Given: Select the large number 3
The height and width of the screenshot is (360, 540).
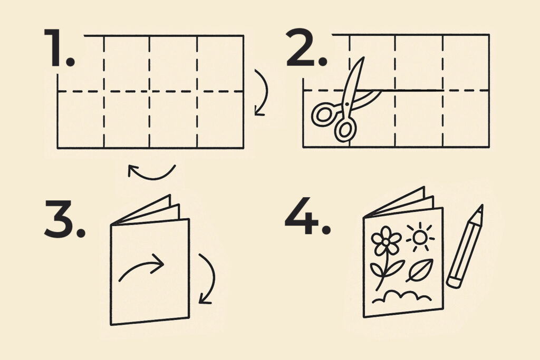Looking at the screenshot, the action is point(59,219).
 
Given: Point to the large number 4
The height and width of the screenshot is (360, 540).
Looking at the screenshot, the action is point(301,216).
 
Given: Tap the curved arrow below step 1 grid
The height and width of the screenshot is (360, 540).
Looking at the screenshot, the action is point(151,178).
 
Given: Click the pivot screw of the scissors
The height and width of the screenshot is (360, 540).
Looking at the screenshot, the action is point(346,103).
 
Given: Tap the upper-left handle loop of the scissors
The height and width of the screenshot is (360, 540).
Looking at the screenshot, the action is point(324,114).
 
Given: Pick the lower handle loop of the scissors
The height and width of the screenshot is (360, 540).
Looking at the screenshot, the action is point(345,130).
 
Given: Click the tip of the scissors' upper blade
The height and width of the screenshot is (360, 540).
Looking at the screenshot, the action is point(363,58).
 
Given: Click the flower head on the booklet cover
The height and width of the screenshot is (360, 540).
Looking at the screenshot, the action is point(386,241).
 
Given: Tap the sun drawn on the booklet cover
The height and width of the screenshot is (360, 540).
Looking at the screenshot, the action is point(420,237).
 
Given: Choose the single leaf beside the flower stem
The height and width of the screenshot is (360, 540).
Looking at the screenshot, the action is point(419,270).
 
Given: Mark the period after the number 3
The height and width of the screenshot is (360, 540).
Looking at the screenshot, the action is point(81,232).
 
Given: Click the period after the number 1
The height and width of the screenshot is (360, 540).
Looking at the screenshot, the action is point(70,62).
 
